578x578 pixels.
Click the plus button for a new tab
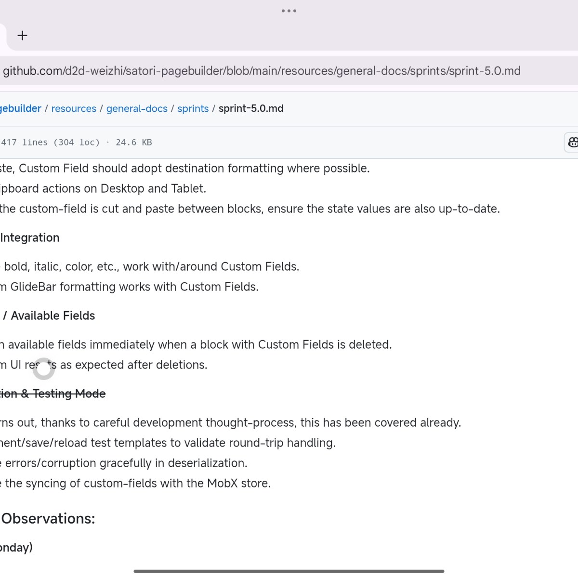(x=22, y=36)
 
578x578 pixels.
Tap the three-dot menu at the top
(x=289, y=11)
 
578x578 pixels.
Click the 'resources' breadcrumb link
(x=74, y=109)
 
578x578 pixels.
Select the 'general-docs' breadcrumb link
(x=137, y=109)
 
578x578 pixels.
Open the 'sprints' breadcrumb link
(x=193, y=109)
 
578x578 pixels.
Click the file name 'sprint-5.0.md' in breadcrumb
(x=251, y=109)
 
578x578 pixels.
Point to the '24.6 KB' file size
(x=133, y=143)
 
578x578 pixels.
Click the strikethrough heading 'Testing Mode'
(x=69, y=394)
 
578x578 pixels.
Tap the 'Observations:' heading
(x=48, y=519)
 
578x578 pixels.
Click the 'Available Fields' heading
(x=53, y=316)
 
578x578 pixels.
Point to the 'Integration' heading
(x=30, y=238)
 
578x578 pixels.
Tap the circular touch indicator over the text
(x=43, y=368)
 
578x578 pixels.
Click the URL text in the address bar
(x=262, y=71)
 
